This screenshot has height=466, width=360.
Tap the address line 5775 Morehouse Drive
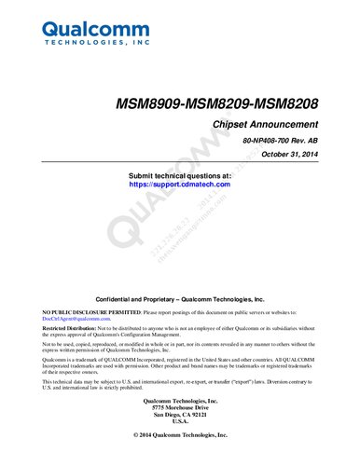[x=180, y=407]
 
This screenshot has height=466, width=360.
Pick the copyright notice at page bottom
[x=180, y=435]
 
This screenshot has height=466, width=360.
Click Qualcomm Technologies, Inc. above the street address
[x=180, y=401]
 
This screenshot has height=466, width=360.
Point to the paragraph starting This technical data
[x=180, y=385]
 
